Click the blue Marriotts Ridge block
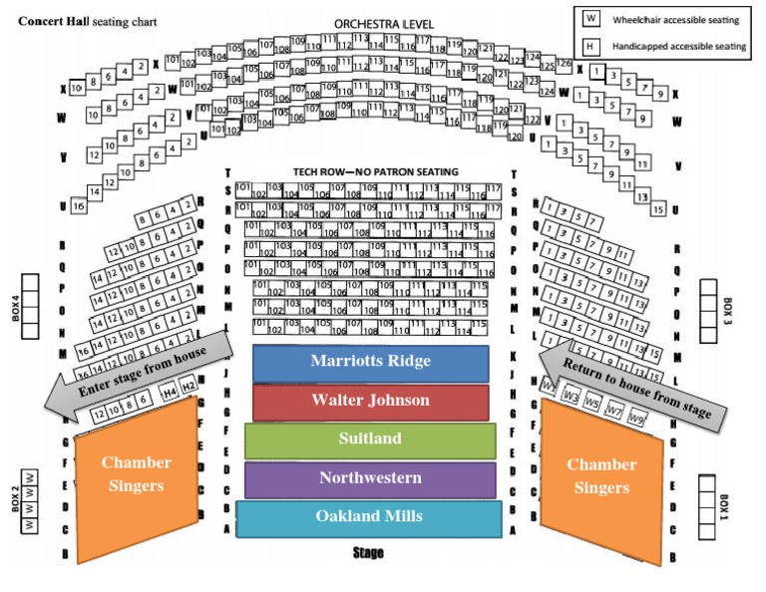[370, 361]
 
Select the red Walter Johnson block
[370, 401]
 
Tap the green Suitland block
[370, 439]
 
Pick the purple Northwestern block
[370, 478]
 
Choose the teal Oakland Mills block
[369, 516]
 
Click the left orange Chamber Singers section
[135, 478]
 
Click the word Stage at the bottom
[368, 552]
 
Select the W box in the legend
[590, 19]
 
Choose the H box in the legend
[590, 46]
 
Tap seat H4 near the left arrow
[169, 391]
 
